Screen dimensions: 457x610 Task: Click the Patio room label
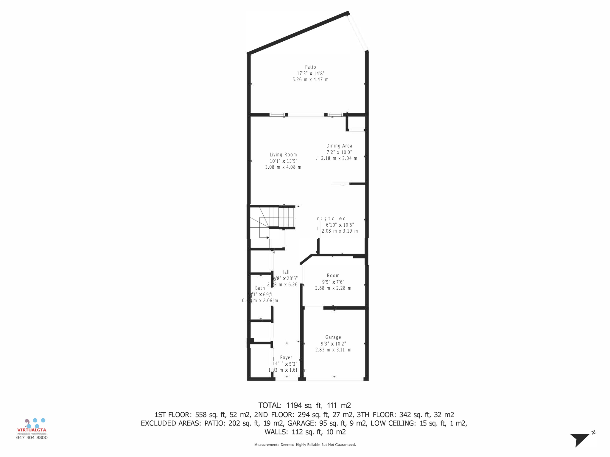coord(310,67)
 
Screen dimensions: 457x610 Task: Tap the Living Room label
coord(283,154)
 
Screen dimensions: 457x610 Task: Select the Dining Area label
coord(339,146)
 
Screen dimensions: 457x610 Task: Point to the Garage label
coord(333,337)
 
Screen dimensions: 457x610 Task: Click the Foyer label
coord(286,357)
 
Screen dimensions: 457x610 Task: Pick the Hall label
coord(285,272)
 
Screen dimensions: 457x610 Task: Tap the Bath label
coord(260,288)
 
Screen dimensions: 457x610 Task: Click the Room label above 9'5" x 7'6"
coord(333,276)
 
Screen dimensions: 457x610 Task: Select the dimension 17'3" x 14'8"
coord(310,73)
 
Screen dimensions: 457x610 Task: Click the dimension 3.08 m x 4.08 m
coord(283,167)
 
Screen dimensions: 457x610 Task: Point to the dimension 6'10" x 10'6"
coord(340,225)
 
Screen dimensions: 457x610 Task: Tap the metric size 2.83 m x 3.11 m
coord(333,350)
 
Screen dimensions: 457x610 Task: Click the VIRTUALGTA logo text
coord(32,430)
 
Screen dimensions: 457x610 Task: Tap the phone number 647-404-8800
coord(32,437)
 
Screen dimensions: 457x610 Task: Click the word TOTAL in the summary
coord(269,405)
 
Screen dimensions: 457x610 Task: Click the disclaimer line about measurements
coord(305,445)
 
